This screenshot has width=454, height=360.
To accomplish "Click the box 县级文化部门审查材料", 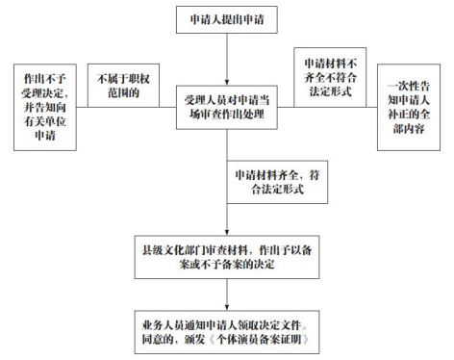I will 227,252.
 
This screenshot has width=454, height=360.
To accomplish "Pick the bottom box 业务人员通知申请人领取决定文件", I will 227,331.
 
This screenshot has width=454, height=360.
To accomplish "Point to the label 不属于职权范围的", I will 117,81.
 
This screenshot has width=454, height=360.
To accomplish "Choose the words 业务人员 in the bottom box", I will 160,323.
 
